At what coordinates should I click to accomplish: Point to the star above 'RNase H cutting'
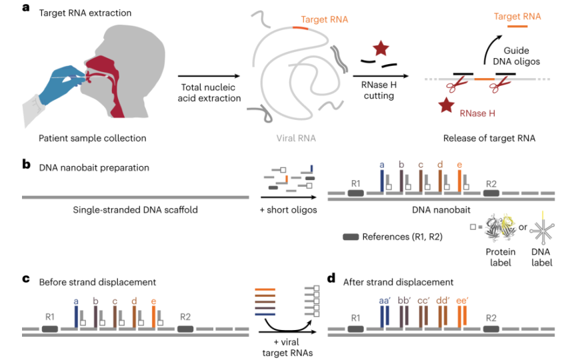381,49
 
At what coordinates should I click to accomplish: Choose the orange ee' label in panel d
463,301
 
